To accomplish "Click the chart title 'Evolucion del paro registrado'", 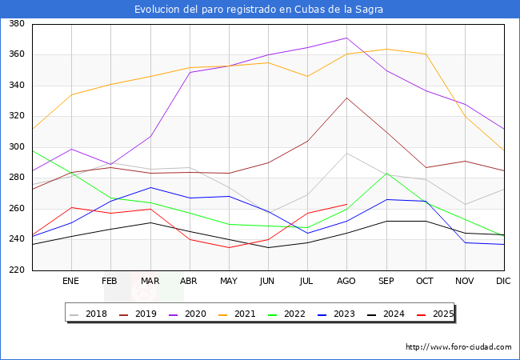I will [x=259, y=10].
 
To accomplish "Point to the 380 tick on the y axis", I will [x=15, y=24].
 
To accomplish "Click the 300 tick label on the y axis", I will [x=15, y=147].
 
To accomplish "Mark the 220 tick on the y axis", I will [x=15, y=270].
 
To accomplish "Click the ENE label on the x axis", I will [x=70, y=282].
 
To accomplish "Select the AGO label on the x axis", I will [x=346, y=282].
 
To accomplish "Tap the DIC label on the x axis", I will [x=503, y=282].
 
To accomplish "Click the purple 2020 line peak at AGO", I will [x=346, y=38].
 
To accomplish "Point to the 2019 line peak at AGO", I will [x=346, y=98].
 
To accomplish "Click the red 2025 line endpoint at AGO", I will [x=346, y=204].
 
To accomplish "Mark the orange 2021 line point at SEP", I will [x=386, y=50].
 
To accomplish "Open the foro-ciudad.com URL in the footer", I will [x=458, y=347].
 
